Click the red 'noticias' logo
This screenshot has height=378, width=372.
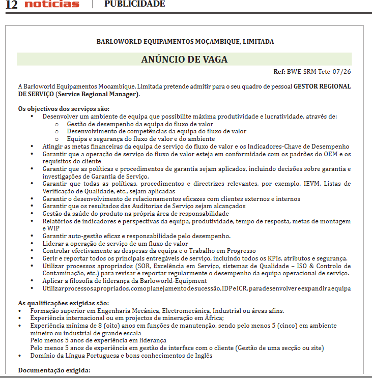coord(52,4)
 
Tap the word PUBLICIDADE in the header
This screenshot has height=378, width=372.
coord(135,4)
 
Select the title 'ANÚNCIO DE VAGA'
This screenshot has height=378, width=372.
coord(184,59)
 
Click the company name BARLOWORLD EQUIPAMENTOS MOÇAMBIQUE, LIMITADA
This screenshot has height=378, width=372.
coord(185,41)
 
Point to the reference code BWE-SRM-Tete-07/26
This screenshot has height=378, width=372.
coord(319,71)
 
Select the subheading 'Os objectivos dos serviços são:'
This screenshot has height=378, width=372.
coord(64,109)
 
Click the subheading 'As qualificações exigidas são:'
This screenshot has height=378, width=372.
coord(63,303)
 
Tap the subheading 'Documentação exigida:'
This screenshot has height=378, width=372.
coord(54,370)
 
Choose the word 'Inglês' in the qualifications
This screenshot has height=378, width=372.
coord(202,355)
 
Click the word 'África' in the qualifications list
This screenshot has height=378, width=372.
coord(208,318)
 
